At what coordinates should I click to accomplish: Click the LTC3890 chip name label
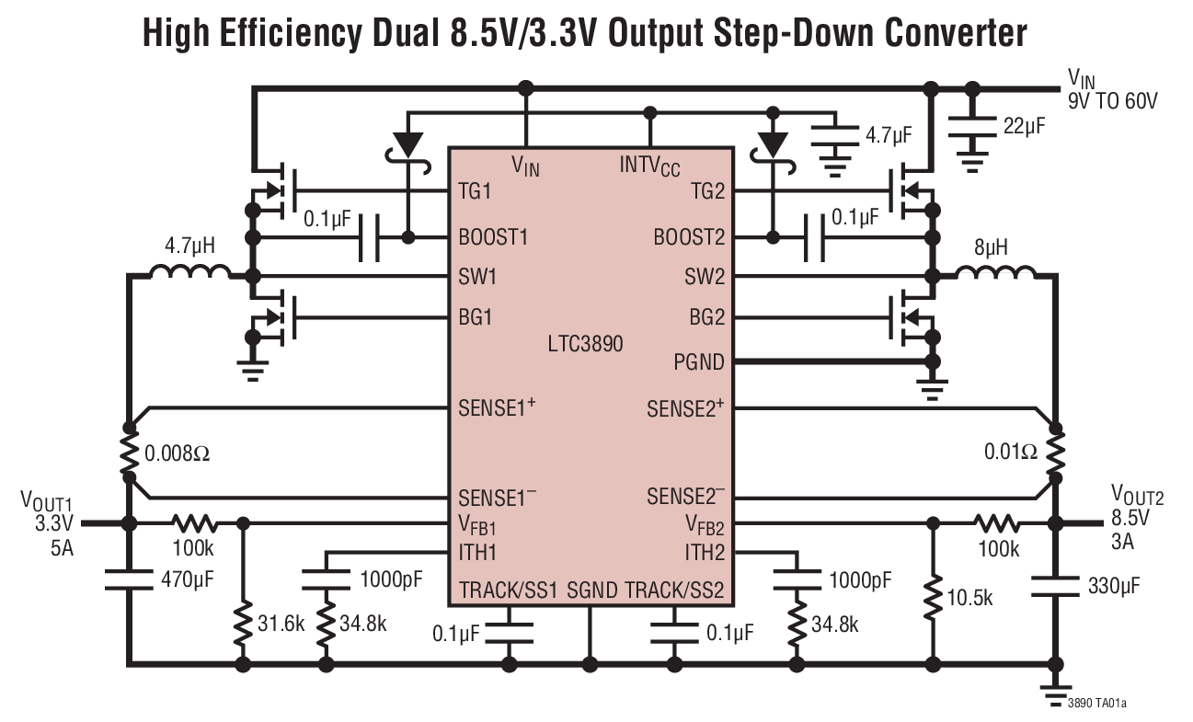585,345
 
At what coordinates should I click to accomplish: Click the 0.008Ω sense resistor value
178,453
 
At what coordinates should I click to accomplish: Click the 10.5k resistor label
969,597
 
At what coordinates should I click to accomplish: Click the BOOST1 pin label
493,236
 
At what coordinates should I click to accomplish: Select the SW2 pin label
705,276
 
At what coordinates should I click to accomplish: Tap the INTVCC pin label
649,166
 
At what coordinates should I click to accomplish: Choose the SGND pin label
591,590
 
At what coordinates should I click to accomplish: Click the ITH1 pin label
477,552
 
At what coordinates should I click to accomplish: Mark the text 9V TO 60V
1112,100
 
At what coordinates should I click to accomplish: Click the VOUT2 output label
1137,498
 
